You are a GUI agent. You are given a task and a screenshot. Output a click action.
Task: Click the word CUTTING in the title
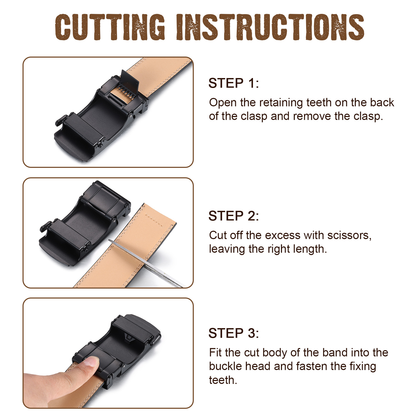click(x=110, y=27)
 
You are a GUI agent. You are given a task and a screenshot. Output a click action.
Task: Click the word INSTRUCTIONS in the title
click(x=270, y=27)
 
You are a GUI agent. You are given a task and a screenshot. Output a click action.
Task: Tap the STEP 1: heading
click(x=234, y=83)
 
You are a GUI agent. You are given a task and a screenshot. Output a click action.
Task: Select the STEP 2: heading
click(x=234, y=216)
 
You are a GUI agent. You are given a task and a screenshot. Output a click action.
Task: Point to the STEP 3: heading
click(x=234, y=333)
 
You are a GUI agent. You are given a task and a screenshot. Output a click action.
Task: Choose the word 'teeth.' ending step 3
click(x=223, y=380)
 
